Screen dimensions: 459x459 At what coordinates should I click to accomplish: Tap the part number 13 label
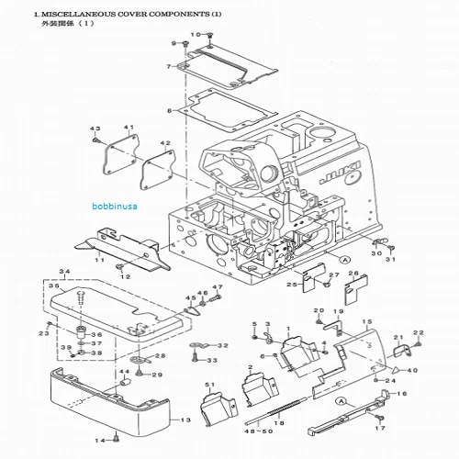click(185, 419)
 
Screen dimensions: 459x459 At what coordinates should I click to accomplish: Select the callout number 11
click(99, 261)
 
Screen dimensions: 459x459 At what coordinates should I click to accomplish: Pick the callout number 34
click(63, 272)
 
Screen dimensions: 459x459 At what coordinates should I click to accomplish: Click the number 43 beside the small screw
click(94, 128)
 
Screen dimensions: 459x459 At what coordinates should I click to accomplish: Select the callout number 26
click(353, 273)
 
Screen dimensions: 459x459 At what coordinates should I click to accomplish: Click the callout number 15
click(367, 321)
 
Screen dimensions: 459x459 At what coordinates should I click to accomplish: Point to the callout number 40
click(412, 370)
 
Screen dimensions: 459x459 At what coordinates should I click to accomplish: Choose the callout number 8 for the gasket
click(169, 110)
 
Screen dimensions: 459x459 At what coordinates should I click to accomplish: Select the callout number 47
click(218, 288)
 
